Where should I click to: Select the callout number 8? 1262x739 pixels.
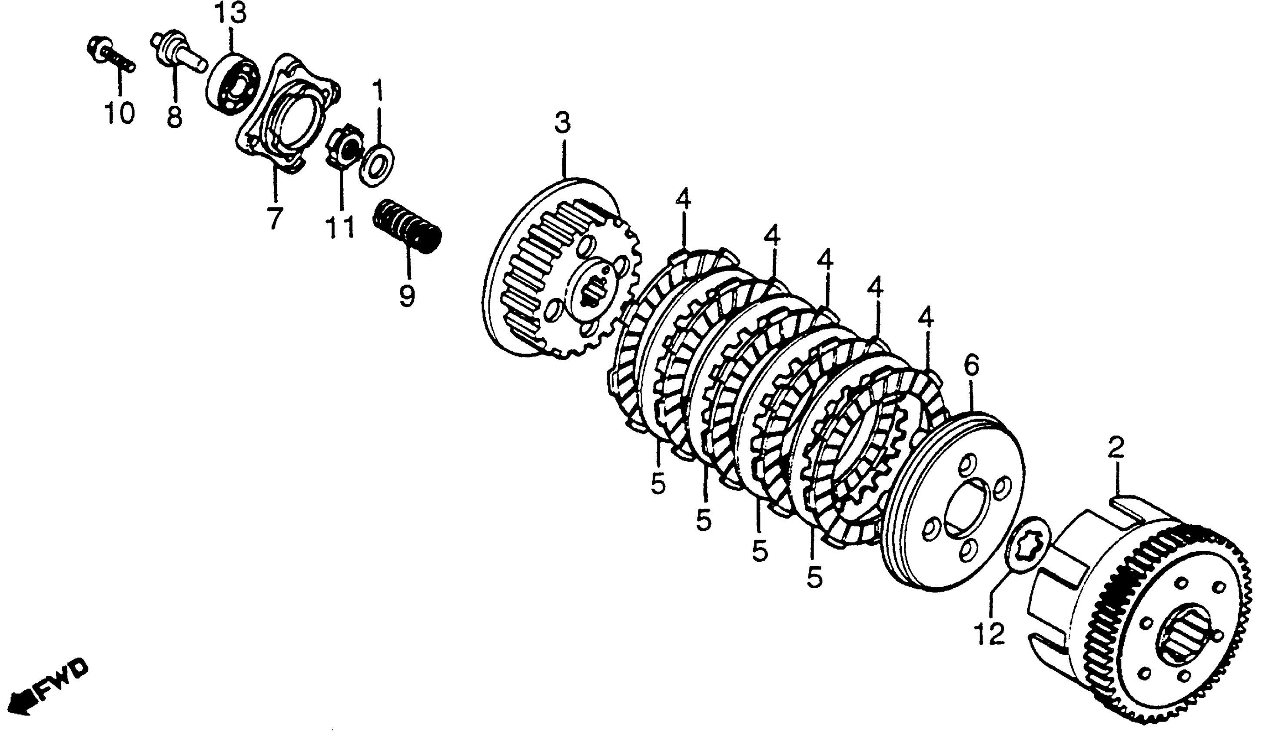(x=174, y=118)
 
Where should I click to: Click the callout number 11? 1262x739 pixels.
(x=341, y=226)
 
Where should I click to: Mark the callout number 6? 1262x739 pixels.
(x=971, y=367)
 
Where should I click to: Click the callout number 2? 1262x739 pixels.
(x=1116, y=448)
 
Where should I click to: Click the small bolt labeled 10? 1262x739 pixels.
(x=110, y=58)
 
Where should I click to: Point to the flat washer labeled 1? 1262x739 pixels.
(x=377, y=165)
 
